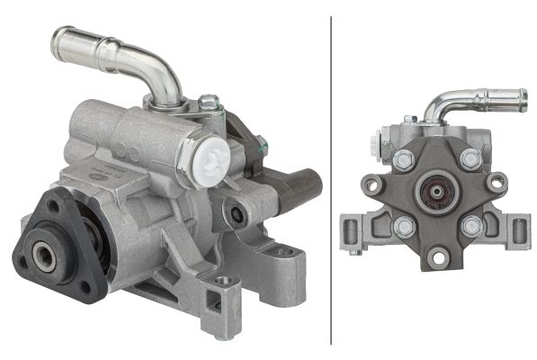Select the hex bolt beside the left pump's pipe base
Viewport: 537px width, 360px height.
click(x=209, y=103)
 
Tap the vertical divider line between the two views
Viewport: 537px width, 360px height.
click(x=331, y=180)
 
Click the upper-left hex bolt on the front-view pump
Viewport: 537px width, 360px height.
click(x=404, y=160)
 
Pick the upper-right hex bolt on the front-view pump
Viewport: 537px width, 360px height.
click(x=470, y=159)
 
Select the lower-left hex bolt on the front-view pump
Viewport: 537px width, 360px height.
click(x=404, y=226)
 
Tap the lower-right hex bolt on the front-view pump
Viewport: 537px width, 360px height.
click(x=470, y=226)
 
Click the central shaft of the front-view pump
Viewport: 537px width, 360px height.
click(x=437, y=193)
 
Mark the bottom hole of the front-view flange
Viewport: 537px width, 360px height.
click(x=438, y=258)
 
